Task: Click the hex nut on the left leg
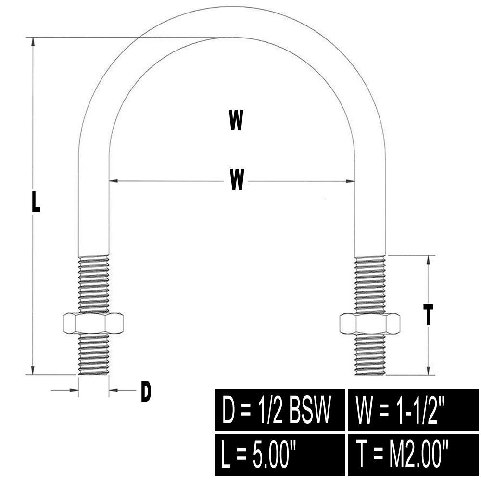coord(93,323)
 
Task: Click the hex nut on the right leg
coord(369,324)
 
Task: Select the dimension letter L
coord(36,201)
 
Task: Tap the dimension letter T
coord(428,315)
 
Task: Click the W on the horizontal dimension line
coord(237,179)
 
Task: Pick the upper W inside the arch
coord(236,120)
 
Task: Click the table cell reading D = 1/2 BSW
coord(280,409)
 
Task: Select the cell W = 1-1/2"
coord(414,409)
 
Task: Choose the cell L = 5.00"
coord(280,455)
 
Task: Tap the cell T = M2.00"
coord(414,455)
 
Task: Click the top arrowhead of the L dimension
coord(33,42)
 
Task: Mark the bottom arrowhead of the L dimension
coord(33,370)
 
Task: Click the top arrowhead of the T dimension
coord(428,260)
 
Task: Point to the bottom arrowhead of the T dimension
coord(428,370)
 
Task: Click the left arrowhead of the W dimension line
coord(114,181)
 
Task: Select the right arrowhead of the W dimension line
coord(350,181)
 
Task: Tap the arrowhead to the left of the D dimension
coord(74,390)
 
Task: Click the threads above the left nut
coord(94,284)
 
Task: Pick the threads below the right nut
coord(370,354)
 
